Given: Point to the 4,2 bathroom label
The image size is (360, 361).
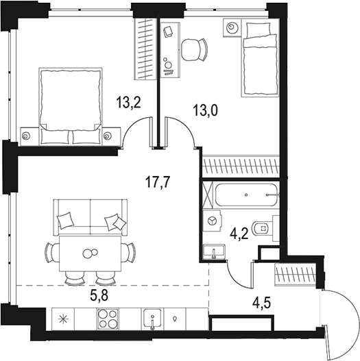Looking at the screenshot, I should [238, 233].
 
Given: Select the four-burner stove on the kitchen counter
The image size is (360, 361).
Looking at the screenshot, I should [108, 319].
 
